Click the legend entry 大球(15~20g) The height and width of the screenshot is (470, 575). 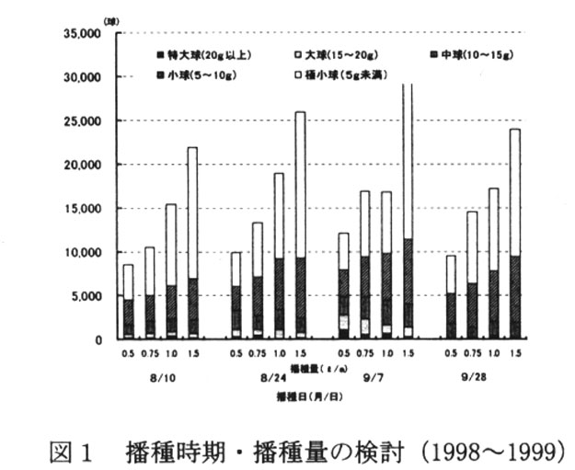coord(336,56)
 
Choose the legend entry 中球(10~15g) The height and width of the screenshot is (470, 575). coord(470,56)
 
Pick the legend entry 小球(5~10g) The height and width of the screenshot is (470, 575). coord(199,75)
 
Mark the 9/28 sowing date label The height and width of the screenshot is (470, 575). coord(481,375)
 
